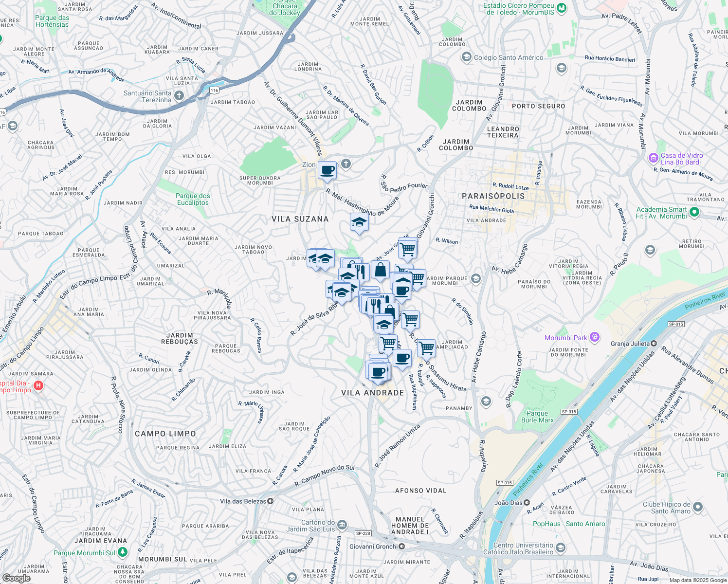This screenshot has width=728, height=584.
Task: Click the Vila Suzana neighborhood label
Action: pyautogui.click(x=300, y=219)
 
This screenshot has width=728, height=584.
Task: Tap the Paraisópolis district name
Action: pyautogui.click(x=493, y=196)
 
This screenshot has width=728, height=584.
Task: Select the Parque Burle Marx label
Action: pyautogui.click(x=537, y=417)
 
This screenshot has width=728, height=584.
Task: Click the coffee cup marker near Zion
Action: pyautogui.click(x=328, y=171)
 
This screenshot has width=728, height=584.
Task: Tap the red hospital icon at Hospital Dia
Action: pyautogui.click(x=38, y=386)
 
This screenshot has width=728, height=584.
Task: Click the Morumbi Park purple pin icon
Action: pyautogui.click(x=594, y=337)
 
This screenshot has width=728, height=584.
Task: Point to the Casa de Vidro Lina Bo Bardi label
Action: pyautogui.click(x=681, y=159)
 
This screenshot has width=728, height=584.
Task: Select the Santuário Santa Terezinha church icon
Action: pyautogui.click(x=179, y=95)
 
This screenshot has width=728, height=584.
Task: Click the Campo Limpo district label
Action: pyautogui.click(x=165, y=434)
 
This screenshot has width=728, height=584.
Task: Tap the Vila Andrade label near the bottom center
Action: pyautogui.click(x=373, y=393)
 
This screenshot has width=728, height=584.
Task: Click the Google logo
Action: pyautogui.click(x=16, y=578)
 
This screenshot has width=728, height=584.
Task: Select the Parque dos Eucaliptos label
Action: pyautogui.click(x=193, y=199)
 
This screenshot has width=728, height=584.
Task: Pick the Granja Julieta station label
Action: pyautogui.click(x=630, y=344)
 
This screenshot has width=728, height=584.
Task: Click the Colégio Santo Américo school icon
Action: pyautogui.click(x=467, y=57)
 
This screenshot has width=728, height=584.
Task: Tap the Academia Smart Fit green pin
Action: pyautogui.click(x=694, y=212)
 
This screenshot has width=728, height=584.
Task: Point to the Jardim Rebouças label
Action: pyautogui.click(x=180, y=338)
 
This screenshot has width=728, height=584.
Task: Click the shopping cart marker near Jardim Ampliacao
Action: pyautogui.click(x=426, y=348)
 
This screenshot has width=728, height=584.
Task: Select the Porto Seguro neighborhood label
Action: pyautogui.click(x=538, y=106)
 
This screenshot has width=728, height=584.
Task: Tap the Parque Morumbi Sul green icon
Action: pyautogui.click(x=122, y=552)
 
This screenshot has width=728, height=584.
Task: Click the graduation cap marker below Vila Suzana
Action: pyautogui.click(x=359, y=222)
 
